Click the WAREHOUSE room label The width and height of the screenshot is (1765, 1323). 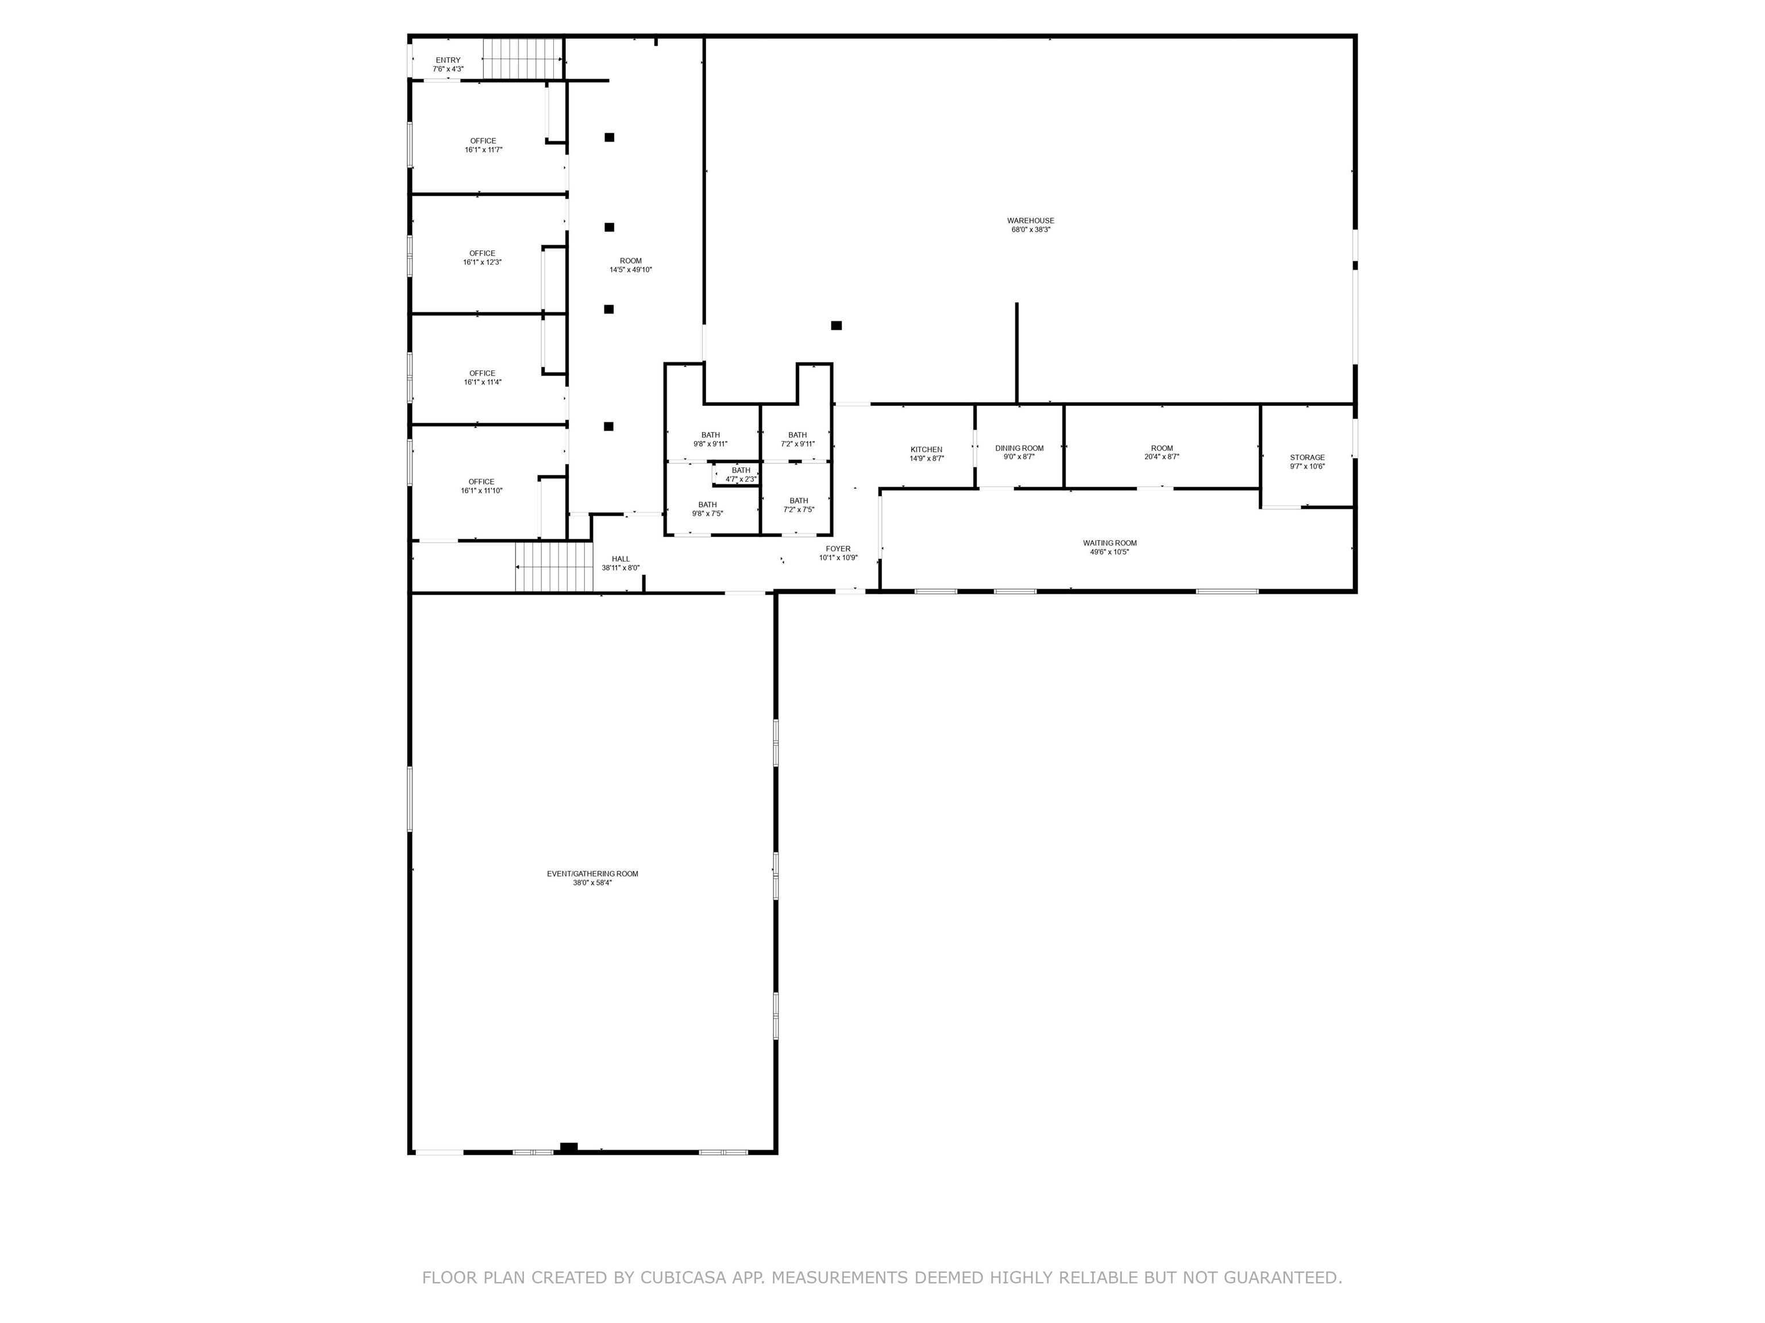click(x=1030, y=221)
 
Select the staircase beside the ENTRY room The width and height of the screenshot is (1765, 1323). click(x=523, y=58)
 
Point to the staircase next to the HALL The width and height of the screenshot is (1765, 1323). click(x=554, y=567)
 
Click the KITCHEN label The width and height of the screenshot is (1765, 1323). click(x=926, y=450)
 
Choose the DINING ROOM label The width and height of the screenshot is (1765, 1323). click(x=1019, y=448)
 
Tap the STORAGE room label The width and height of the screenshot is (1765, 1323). click(x=1307, y=458)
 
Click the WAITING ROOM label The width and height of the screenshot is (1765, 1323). click(x=1109, y=543)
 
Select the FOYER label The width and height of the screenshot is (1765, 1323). click(x=838, y=548)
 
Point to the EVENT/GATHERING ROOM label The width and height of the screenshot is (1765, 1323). click(x=592, y=873)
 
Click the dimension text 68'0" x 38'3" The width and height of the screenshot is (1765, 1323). click(x=1031, y=230)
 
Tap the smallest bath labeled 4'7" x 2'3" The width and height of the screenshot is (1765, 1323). click(x=741, y=474)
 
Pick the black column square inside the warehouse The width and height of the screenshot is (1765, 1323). click(x=836, y=326)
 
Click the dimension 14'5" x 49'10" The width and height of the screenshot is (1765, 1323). click(x=630, y=269)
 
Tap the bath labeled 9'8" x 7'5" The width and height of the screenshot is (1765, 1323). click(x=707, y=509)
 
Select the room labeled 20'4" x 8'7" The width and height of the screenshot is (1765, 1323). click(x=1162, y=452)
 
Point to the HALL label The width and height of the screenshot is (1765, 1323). click(x=621, y=559)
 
